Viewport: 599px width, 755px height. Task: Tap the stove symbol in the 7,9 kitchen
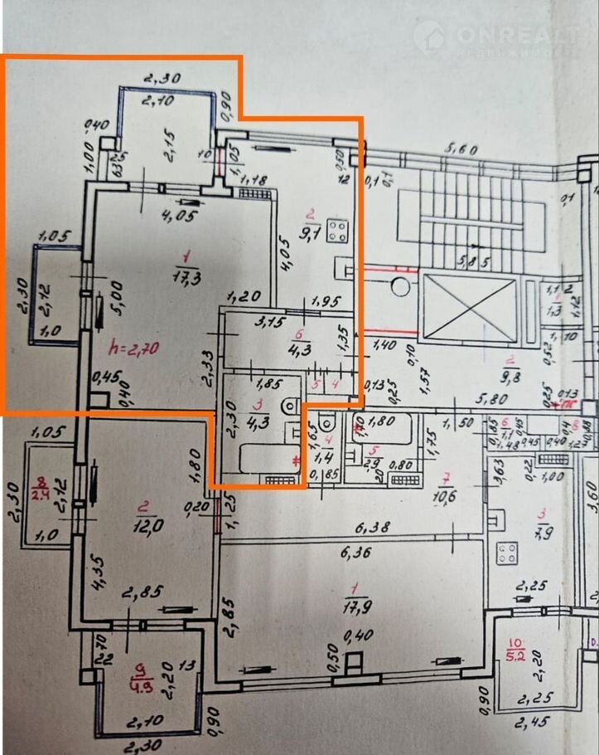(x=507, y=556)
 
